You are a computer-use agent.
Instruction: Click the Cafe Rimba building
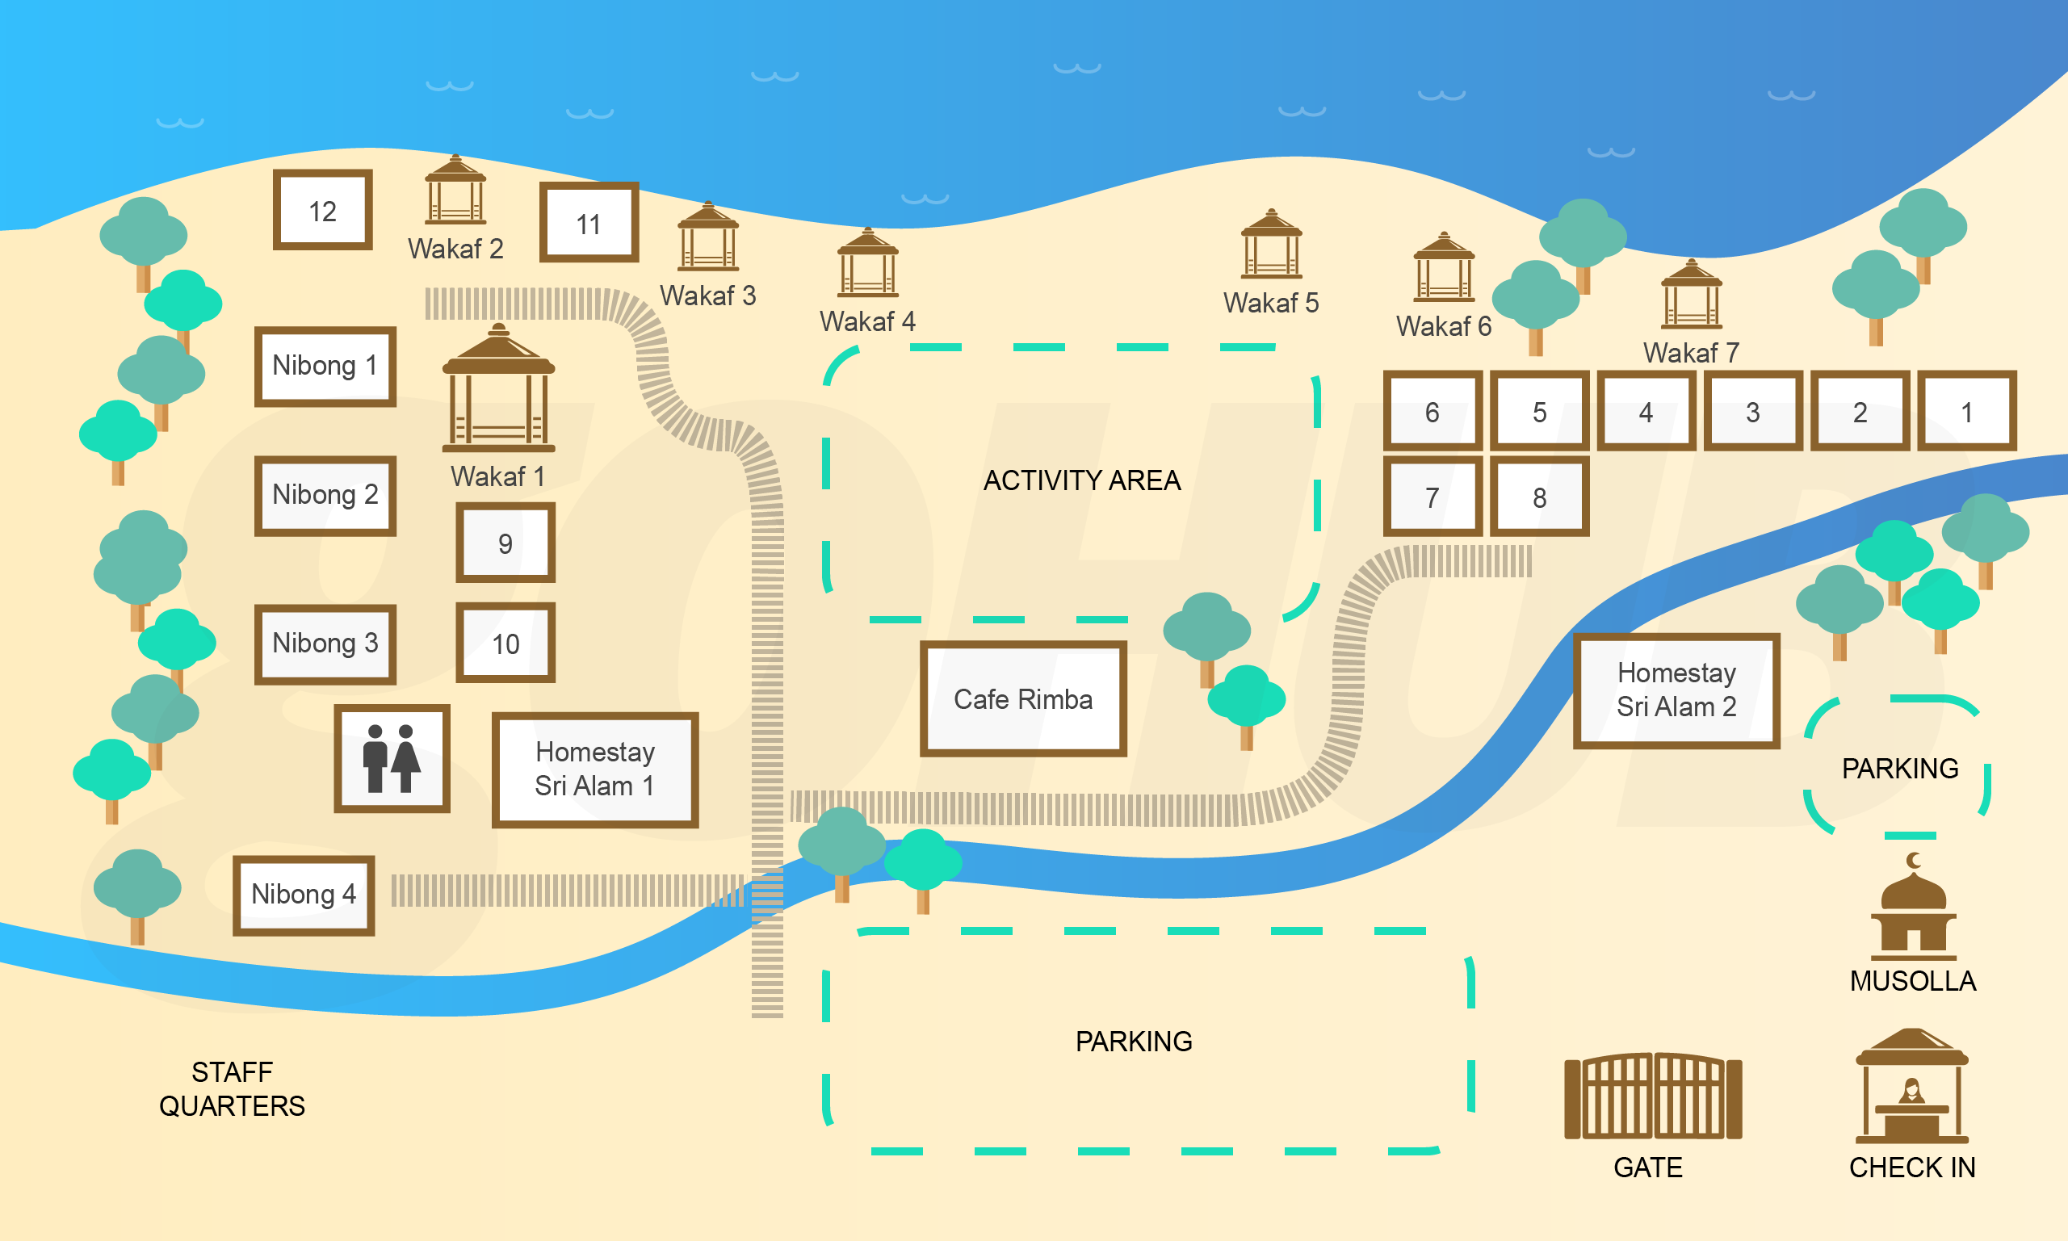tap(1023, 699)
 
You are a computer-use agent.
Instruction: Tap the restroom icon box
tap(392, 758)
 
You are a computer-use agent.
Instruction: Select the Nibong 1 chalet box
tap(325, 367)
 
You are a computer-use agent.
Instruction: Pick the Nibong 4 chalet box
tap(304, 895)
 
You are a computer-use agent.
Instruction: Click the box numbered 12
tap(323, 210)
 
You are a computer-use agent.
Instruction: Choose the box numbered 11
tap(589, 223)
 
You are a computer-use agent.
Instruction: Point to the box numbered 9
tap(505, 543)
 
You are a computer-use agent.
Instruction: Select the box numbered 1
tap(1966, 412)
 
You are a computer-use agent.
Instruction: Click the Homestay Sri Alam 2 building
tap(1676, 690)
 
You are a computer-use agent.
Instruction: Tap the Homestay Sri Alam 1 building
tap(594, 769)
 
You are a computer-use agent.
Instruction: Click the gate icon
tap(1652, 1096)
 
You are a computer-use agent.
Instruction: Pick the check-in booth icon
tap(1911, 1087)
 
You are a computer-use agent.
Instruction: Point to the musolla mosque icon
tap(1912, 912)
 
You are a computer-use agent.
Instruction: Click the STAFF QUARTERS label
tap(232, 1088)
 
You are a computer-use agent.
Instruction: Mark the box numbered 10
tap(505, 643)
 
